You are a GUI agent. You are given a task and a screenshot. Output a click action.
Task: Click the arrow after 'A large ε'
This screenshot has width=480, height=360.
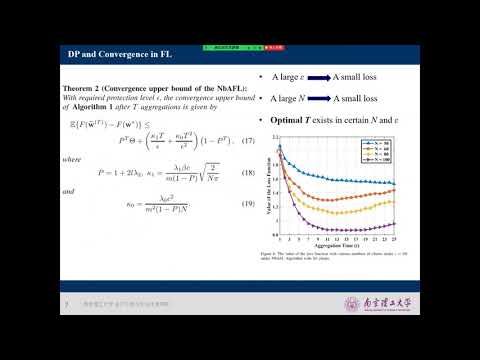[x=311, y=77]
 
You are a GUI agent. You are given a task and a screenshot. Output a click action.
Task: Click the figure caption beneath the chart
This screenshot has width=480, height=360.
[x=340, y=259]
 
